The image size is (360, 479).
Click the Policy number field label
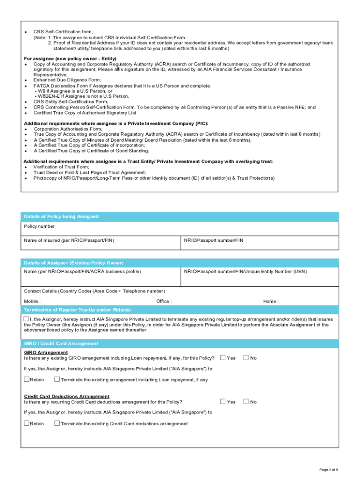coord(39,226)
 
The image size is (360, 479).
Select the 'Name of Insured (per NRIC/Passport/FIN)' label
coord(69,240)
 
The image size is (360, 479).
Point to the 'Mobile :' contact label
coord(32,301)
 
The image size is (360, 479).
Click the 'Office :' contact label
coord(164,301)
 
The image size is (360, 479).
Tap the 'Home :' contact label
coord(271,301)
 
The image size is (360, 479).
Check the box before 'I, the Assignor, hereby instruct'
coord(27,319)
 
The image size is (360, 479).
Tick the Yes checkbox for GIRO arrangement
coord(223,358)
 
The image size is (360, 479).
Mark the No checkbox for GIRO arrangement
coord(246,358)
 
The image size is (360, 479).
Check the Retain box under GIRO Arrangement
coord(27,379)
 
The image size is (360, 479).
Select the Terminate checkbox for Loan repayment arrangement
coord(57,379)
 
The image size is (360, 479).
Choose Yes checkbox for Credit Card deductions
coord(223,401)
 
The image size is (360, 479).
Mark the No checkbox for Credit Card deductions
coord(246,401)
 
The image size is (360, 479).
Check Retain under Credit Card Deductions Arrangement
coord(27,423)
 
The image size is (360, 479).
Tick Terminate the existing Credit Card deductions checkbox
coord(57,423)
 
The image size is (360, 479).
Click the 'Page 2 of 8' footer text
coord(329,469)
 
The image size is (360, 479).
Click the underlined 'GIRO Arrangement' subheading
coord(46,352)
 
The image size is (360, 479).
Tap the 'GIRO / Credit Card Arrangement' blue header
coord(61,343)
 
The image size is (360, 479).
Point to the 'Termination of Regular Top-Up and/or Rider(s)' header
coord(78,310)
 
